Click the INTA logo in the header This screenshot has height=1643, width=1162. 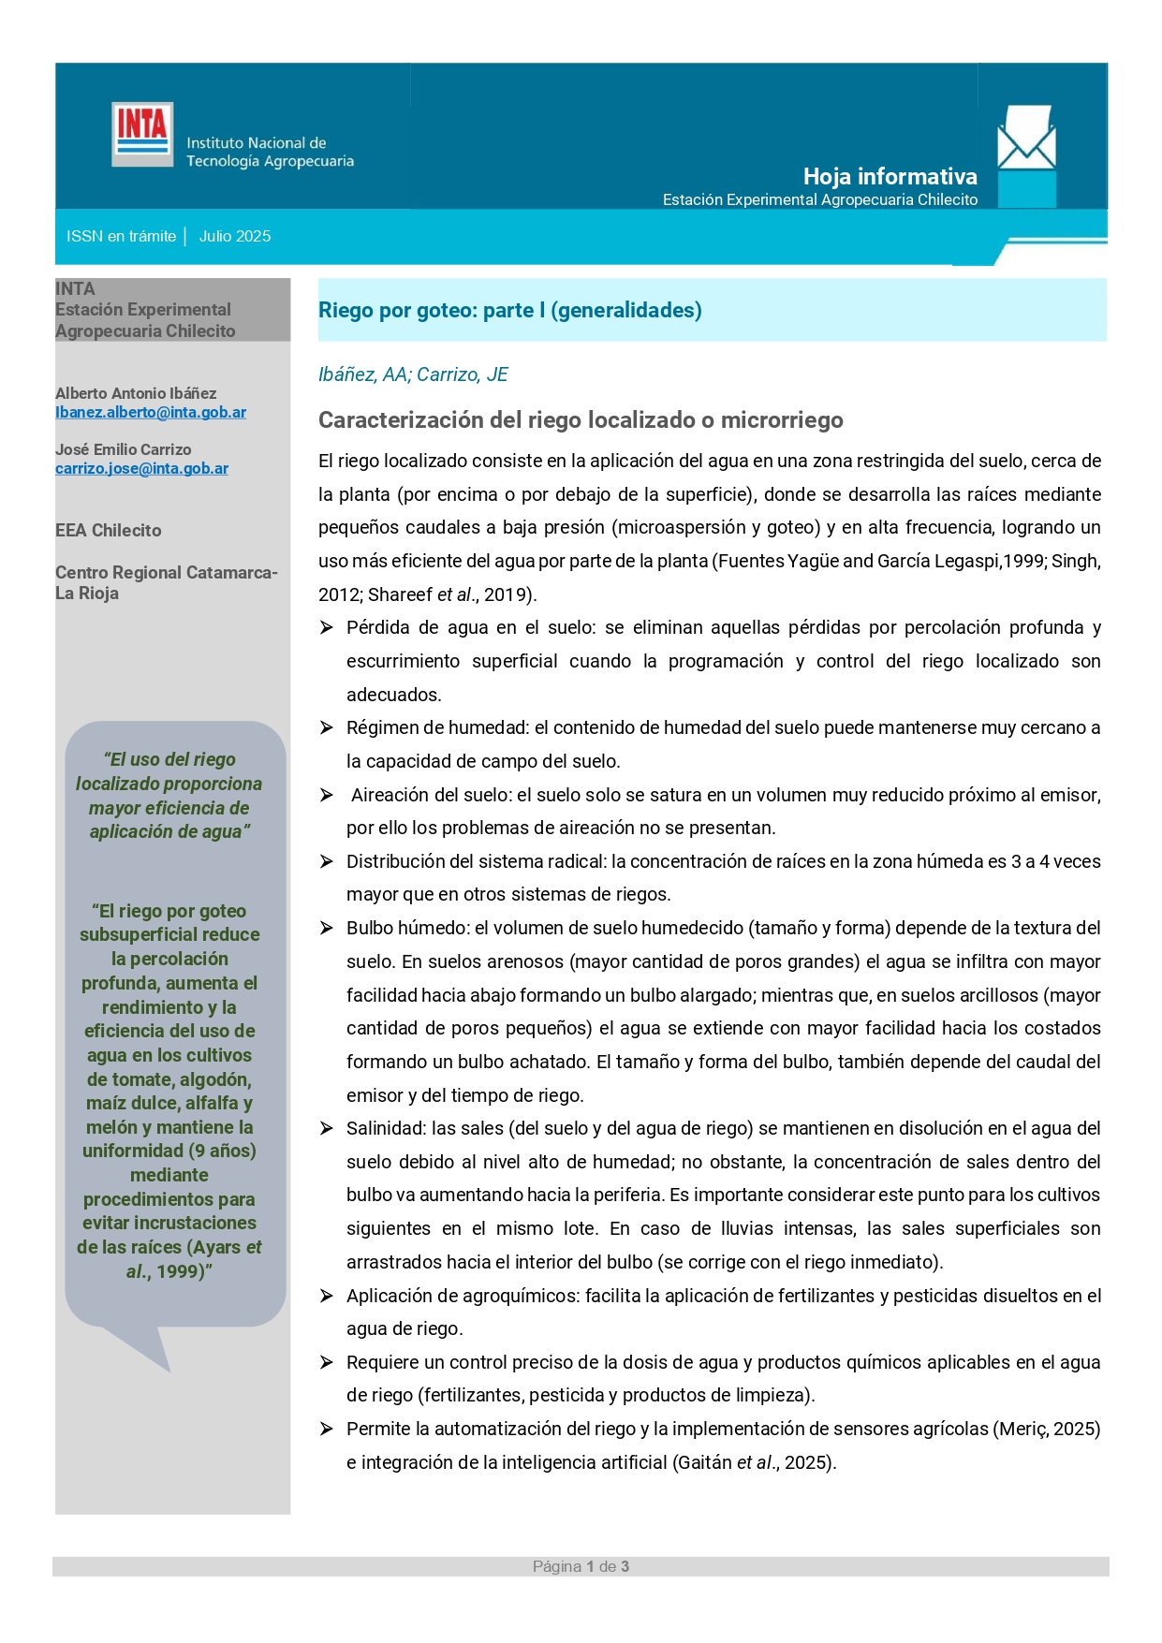[142, 134]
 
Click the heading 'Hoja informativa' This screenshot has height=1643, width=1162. [890, 176]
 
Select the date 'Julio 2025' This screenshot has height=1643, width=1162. [235, 237]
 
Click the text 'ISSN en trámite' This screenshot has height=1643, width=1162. [121, 237]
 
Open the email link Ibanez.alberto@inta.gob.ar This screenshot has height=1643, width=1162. [151, 413]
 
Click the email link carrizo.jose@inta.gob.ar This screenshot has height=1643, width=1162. [141, 469]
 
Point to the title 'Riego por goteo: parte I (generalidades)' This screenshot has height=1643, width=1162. [509, 311]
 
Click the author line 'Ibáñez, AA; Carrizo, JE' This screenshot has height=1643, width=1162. [413, 374]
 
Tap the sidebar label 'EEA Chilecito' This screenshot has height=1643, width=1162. [109, 531]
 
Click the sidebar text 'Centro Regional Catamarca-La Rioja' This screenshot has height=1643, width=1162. [166, 582]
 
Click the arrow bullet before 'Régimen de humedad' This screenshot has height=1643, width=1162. [327, 727]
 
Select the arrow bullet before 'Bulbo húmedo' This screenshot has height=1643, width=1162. [327, 928]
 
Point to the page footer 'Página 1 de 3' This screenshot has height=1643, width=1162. [581, 1567]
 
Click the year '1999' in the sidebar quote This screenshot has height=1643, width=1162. [178, 1272]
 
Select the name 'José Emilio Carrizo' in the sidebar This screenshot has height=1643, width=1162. [123, 450]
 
